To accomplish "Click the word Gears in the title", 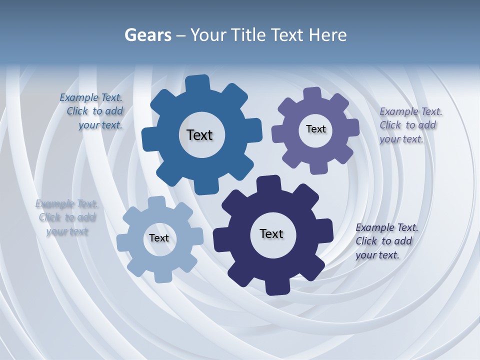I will tap(147, 35).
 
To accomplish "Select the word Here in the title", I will tap(327, 35).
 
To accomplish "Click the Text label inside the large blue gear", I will tap(199, 135).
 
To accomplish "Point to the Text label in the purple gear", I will tap(315, 129).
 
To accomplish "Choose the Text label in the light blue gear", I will tap(159, 238).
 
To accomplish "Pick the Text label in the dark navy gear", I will tap(271, 233).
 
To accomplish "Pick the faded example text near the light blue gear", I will tap(66, 217).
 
